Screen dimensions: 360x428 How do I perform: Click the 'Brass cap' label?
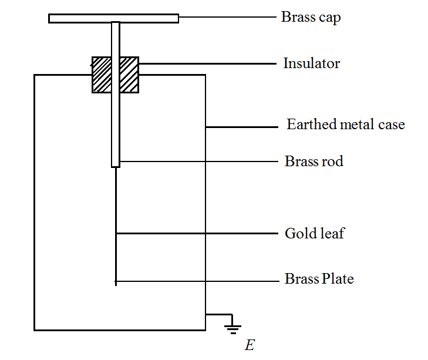311,17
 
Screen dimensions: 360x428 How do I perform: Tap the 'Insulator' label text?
311,63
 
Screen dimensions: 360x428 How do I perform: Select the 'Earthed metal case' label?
345,125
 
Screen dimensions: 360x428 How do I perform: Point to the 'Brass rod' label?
314,161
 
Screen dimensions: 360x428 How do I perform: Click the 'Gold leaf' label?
314,233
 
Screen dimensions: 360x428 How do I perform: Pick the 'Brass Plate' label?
319,278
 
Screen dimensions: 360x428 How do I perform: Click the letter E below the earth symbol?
250,345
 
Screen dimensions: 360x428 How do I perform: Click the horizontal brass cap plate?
113,18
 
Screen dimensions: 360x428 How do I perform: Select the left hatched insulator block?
102,75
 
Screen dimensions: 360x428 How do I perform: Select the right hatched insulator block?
129,75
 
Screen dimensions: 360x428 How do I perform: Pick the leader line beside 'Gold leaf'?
197,234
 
